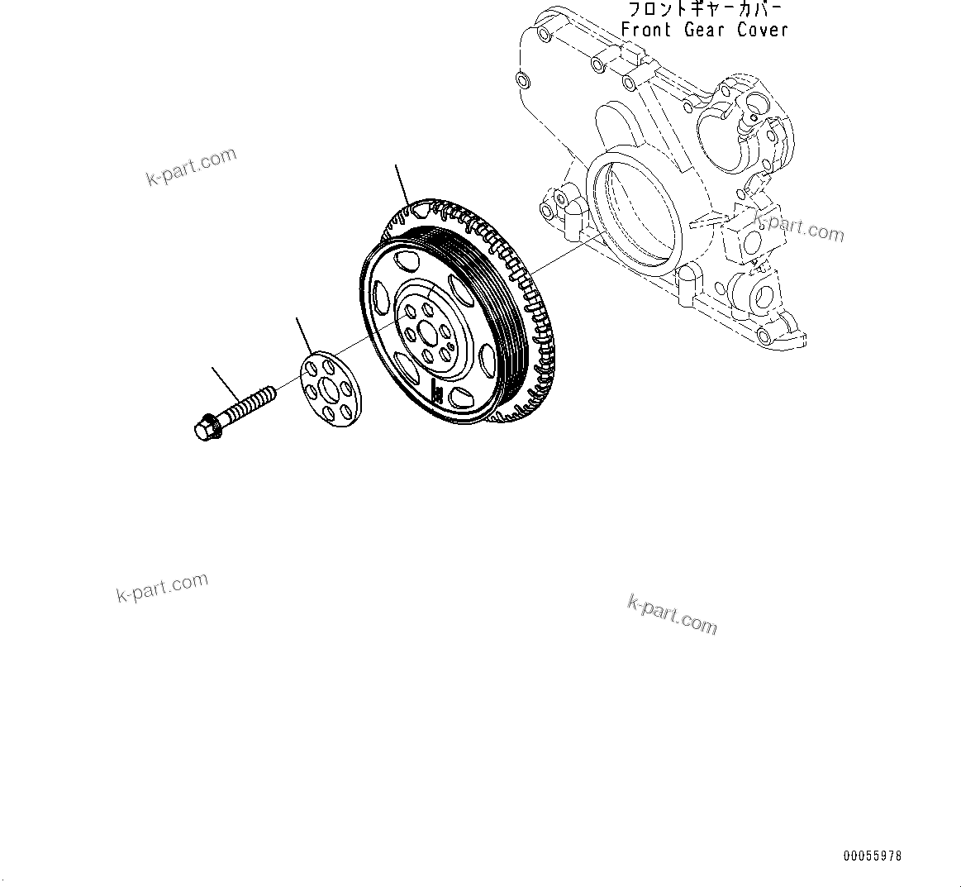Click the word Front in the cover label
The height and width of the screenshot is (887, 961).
point(646,31)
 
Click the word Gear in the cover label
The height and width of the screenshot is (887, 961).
point(705,31)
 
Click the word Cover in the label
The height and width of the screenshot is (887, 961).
point(764,31)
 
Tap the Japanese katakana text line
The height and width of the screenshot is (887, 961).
point(704,10)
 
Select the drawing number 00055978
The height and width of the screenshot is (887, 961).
point(873,857)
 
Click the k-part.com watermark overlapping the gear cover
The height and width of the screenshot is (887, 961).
point(799,227)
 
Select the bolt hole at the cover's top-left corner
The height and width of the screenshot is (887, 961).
point(542,34)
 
